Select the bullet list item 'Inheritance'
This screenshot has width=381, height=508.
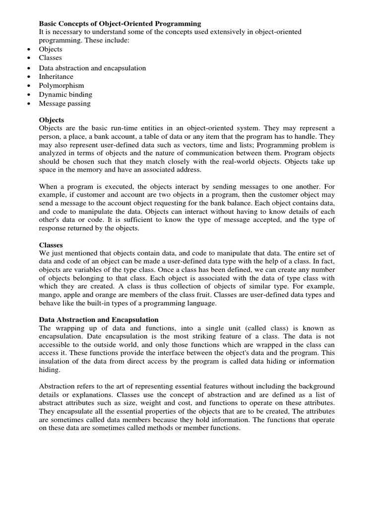(x=56, y=77)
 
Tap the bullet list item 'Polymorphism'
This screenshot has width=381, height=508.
(x=62, y=86)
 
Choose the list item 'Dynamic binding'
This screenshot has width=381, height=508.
(x=65, y=95)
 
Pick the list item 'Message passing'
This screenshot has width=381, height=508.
(x=64, y=104)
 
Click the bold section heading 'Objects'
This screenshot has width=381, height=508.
(x=51, y=121)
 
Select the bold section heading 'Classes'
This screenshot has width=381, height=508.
(x=51, y=245)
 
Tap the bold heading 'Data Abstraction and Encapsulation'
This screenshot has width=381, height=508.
(x=99, y=320)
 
